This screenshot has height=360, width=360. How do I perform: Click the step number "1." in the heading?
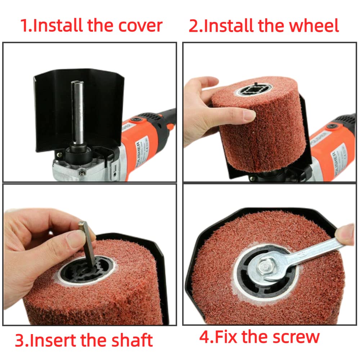pyautogui.click(x=26, y=26)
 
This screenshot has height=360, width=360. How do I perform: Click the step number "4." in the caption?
pyautogui.click(x=207, y=337)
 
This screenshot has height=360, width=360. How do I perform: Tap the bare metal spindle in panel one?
pyautogui.click(x=77, y=112)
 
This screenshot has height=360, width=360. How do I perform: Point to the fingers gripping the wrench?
pyautogui.click(x=346, y=236)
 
